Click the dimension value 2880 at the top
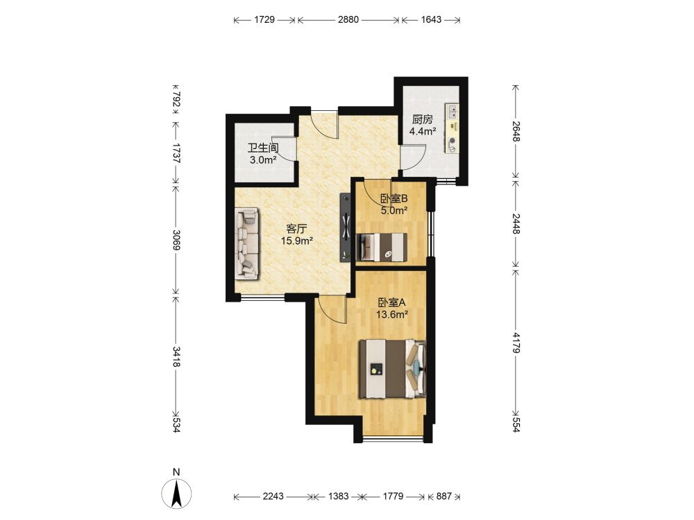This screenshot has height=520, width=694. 348,19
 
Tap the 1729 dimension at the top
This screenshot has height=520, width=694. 264,19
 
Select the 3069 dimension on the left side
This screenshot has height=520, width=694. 176,239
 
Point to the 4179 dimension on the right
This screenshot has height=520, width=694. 516,343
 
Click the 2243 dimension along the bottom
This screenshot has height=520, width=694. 273,496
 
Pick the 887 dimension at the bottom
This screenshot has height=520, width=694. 444,496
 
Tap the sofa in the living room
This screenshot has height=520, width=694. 247,244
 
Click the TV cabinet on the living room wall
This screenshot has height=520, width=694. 345,227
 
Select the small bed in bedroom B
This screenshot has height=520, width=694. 382,247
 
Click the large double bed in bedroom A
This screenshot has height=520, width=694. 393,369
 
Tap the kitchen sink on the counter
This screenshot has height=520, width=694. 452,112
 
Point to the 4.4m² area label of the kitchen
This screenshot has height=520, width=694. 423,131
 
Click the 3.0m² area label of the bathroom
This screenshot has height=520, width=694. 263,160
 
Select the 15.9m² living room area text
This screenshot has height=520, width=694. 297,241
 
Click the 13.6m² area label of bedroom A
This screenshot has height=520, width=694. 391,315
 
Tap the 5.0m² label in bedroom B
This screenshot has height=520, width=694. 394,211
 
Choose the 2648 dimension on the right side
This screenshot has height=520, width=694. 516,131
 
